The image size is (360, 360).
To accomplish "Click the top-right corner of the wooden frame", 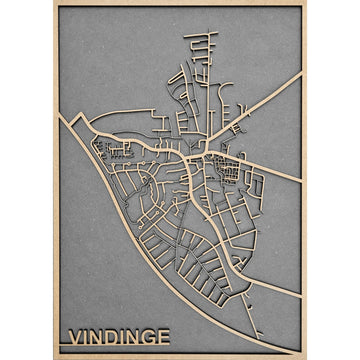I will click(305, 3).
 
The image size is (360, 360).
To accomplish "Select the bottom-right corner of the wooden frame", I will click(305, 357).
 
